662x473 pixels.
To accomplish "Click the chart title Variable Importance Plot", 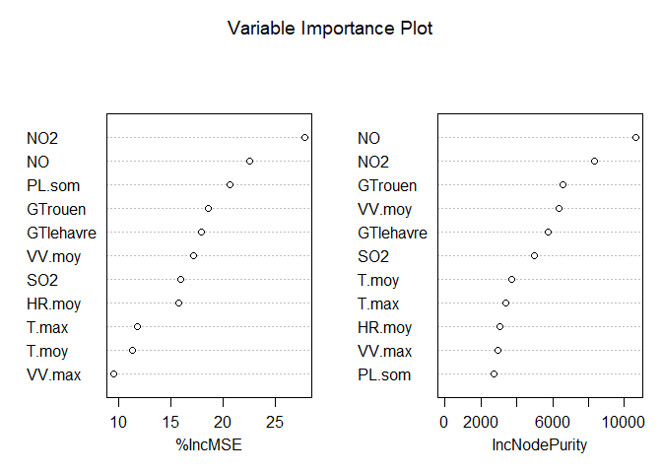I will [330, 28].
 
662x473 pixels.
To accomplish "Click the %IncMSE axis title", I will [208, 445].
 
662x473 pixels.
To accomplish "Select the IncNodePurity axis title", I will [539, 445].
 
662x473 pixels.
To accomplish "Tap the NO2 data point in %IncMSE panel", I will [304, 137].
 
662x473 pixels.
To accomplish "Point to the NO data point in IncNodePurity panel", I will [635, 137].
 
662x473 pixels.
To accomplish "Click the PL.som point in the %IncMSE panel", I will [230, 184].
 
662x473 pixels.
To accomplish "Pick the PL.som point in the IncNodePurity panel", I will [494, 374].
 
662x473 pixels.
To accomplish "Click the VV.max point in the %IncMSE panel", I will [113, 374].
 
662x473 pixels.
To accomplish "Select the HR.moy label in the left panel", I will [54, 304].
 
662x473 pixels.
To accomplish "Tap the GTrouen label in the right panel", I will [387, 185].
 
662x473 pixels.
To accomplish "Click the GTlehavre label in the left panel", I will [61, 233].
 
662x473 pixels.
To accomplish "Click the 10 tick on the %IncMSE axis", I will [118, 423].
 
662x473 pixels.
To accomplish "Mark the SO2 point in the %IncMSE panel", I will [180, 280].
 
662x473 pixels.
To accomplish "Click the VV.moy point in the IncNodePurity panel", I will [559, 208].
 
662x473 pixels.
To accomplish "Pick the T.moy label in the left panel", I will [47, 351].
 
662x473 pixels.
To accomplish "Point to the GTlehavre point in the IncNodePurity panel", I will [548, 232].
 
